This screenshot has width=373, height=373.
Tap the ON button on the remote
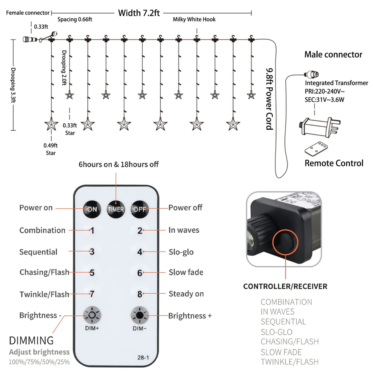[92, 209]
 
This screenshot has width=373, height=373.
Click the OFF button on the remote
[140, 209]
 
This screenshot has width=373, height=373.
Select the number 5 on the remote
[92, 273]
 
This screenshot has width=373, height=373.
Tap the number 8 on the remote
[140, 294]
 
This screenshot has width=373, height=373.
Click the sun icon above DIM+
[92, 315]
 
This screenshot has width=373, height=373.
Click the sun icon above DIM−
[140, 315]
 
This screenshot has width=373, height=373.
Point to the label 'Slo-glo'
[181, 252]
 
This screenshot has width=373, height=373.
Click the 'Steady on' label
[186, 294]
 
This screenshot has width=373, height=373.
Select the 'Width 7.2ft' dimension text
[139, 13]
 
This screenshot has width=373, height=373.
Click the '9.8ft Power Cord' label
[270, 99]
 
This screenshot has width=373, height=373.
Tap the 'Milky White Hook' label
[194, 19]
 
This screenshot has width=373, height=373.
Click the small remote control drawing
[316, 149]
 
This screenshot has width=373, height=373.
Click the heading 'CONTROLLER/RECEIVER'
[285, 286]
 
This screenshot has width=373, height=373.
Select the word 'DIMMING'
[31, 340]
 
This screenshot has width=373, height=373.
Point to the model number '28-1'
[143, 357]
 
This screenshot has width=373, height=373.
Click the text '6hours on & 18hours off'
[119, 164]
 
